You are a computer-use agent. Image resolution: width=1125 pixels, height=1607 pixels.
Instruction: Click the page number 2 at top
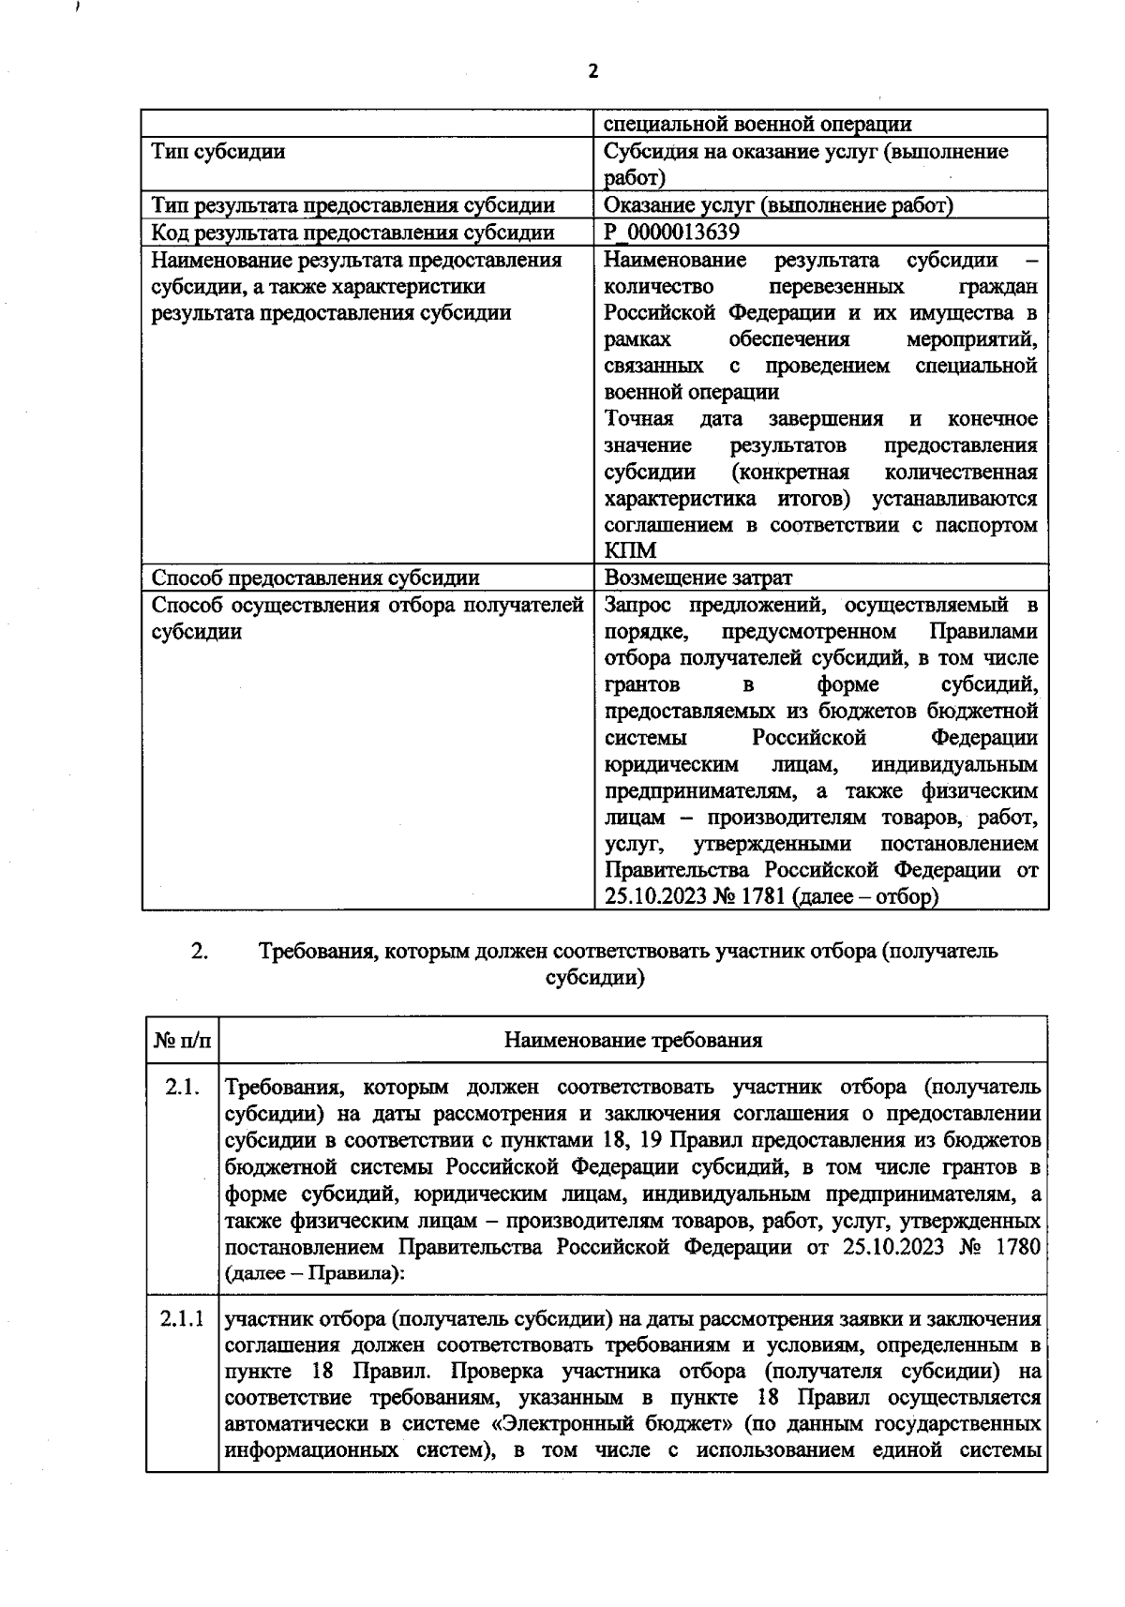click(x=592, y=71)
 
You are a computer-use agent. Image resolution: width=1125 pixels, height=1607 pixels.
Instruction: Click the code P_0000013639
click(x=671, y=233)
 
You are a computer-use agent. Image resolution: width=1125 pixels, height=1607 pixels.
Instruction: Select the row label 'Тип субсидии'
click(x=218, y=152)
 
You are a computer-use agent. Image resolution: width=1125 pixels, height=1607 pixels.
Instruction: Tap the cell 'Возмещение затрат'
click(x=697, y=578)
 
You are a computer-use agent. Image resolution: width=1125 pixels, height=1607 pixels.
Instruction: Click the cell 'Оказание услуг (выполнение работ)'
click(x=778, y=205)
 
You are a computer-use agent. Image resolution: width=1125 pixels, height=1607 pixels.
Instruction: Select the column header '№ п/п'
click(x=182, y=1040)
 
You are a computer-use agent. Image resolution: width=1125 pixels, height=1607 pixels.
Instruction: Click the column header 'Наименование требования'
click(x=633, y=1040)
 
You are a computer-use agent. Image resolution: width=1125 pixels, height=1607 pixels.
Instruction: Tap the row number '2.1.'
click(x=182, y=1088)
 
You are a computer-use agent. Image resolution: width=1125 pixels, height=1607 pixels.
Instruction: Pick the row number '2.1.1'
click(x=182, y=1319)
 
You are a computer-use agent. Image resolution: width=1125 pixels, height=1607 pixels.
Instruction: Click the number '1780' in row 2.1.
click(x=1014, y=1248)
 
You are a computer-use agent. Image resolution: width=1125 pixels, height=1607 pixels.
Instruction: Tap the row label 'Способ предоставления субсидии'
click(x=316, y=578)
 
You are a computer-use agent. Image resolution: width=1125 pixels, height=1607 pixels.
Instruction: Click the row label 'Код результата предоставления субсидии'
click(x=352, y=233)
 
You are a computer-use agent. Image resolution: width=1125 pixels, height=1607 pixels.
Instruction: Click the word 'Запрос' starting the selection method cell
click(x=637, y=605)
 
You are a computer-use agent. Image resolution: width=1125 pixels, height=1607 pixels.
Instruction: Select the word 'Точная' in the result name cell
click(x=637, y=418)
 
